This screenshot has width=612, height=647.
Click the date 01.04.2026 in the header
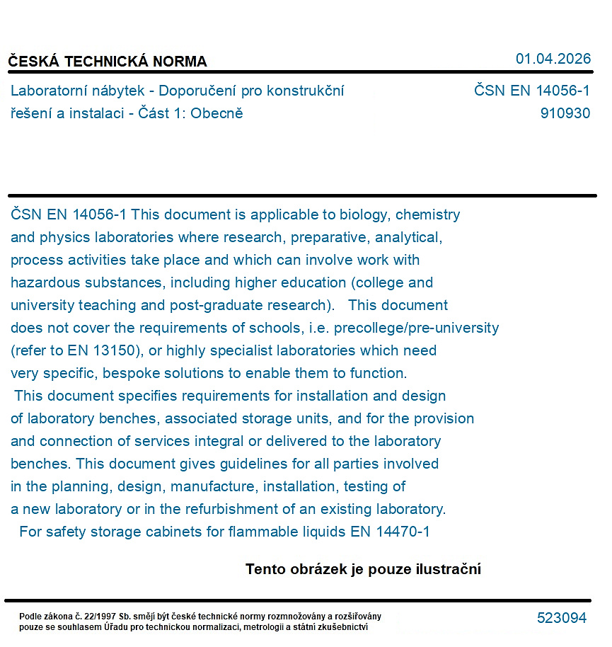[x=553, y=59]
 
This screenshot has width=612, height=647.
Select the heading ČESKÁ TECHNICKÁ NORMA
[x=108, y=62]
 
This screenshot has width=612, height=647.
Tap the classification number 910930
[x=565, y=113]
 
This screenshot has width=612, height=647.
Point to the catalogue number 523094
[x=562, y=618]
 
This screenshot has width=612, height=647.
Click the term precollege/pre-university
[x=416, y=328]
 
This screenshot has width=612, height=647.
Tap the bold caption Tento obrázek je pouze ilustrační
[x=363, y=569]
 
